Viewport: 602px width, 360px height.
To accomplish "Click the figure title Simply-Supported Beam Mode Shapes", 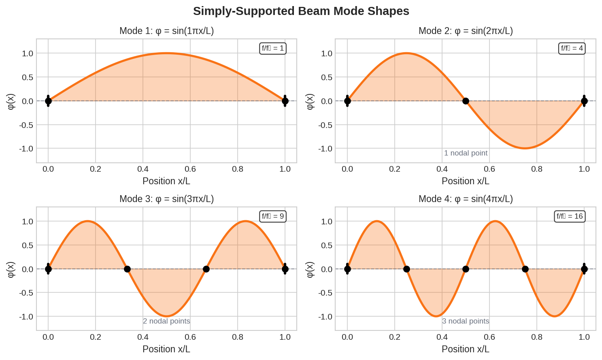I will pos(301,11).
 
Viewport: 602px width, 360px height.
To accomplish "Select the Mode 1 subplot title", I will pos(166,31).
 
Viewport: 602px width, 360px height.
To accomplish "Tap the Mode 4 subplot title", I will pos(466,199).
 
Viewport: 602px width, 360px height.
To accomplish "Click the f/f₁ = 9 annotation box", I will pos(273,216).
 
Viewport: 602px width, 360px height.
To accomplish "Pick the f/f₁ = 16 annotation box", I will pos(570,216).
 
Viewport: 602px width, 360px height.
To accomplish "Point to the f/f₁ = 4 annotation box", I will pos(572,49).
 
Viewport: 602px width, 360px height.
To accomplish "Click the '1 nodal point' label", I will pos(466,153).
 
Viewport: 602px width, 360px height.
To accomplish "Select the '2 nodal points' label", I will pos(166,321).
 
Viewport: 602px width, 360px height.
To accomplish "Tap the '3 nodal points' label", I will pos(466,321).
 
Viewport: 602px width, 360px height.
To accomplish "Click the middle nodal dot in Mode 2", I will pos(466,101).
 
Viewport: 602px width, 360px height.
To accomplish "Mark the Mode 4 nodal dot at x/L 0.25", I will pos(406,269).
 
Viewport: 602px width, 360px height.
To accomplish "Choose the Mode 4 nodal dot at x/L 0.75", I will pos(525,269).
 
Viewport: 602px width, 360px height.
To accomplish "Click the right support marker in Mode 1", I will pos(285,101).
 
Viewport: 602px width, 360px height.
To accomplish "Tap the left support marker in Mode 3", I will pos(48,269).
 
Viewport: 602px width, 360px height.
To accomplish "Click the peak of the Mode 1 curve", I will pos(166,53).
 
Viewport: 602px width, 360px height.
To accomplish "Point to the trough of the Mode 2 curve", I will pos(525,148).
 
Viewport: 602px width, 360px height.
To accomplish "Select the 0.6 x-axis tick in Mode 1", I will pos(190,169).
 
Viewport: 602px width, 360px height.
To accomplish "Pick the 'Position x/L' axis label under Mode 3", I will pos(166,349).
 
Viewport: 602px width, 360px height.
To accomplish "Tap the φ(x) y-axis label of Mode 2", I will pos(310,101).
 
